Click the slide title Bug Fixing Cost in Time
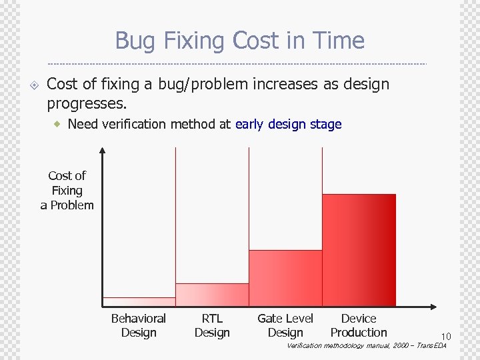(x=239, y=41)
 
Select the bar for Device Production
(x=359, y=250)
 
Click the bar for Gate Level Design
(x=285, y=278)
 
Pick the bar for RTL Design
(x=212, y=295)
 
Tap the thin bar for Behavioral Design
(x=139, y=301)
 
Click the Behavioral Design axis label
(x=139, y=325)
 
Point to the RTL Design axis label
(x=212, y=325)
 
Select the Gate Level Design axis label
(x=285, y=325)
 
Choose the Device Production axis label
(x=359, y=325)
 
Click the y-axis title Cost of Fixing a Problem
(x=67, y=191)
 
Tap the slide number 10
(x=445, y=336)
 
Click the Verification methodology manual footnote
(x=366, y=346)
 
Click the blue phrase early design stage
(x=288, y=124)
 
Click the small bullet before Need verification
(x=58, y=124)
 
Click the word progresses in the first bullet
(x=86, y=104)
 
